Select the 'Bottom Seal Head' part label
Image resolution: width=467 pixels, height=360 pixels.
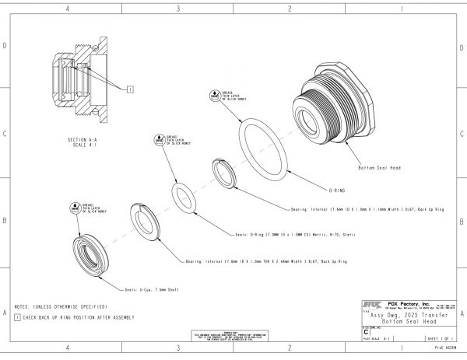(x=379, y=168)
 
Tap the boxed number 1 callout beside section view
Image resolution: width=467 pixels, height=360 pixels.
(x=130, y=89)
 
